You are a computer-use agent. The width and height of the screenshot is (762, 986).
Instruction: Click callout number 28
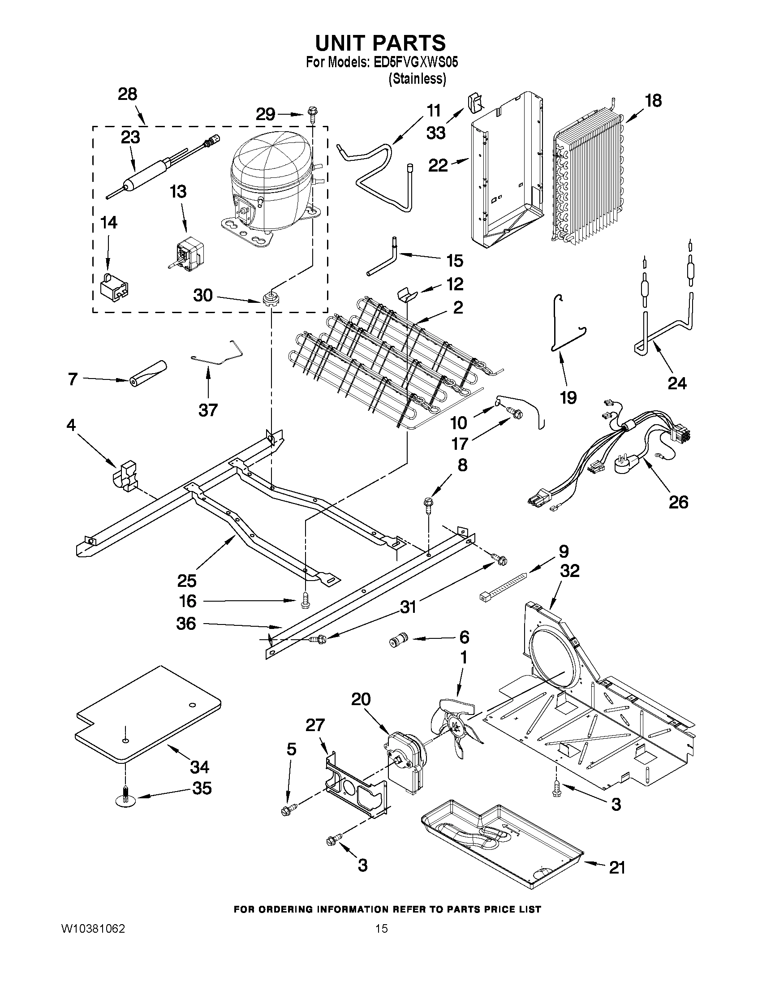[127, 95]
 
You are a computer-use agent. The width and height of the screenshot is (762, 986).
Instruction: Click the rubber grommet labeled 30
[270, 299]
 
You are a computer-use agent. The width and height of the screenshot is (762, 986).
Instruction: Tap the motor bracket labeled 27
[357, 788]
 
